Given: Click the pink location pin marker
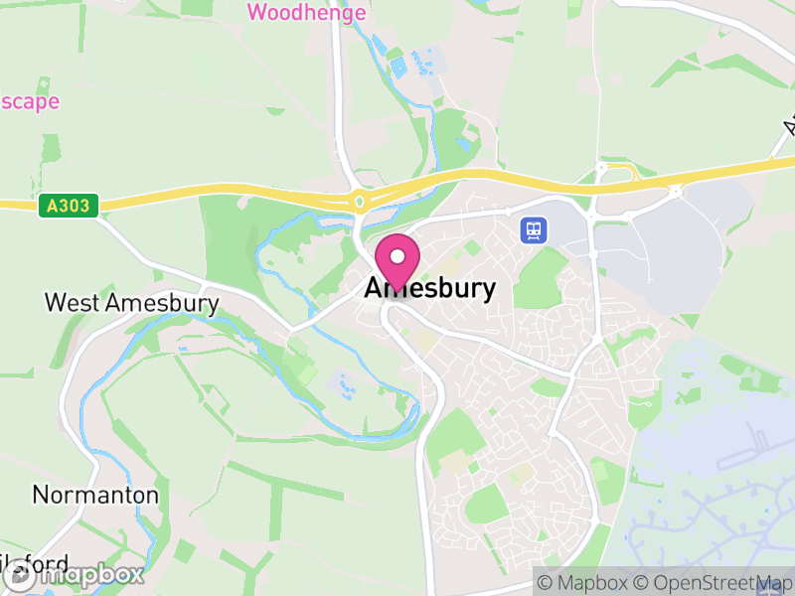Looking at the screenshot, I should tap(397, 261).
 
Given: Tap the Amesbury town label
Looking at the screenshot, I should tap(429, 288).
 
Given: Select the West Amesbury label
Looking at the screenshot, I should tap(131, 302).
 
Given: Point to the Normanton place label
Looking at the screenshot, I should tap(95, 494).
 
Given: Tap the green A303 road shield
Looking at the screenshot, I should tap(67, 207).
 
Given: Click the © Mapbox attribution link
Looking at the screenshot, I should tap(582, 583).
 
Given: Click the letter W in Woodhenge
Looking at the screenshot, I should tap(257, 12).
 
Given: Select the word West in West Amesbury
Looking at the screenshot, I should tap(73, 302).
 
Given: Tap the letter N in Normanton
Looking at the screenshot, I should tap(41, 494).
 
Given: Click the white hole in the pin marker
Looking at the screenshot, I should tap(397, 255).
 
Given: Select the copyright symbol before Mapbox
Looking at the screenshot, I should tap(546, 583).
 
